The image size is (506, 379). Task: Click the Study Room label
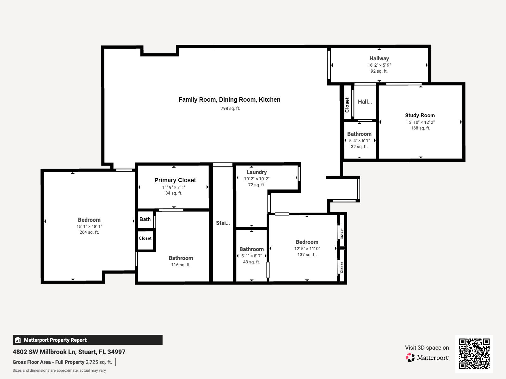coord(420,115)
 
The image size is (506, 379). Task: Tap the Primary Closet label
coord(175,180)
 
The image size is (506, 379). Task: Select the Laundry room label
coord(256,172)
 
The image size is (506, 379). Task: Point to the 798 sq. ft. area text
coord(230,108)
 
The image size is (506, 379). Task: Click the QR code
coord(474,353)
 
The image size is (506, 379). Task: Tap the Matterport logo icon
coord(410,358)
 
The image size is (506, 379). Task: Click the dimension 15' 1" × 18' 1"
coord(89,226)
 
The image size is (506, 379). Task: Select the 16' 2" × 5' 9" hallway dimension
coord(379,65)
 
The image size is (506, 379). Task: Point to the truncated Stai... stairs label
coord(223,223)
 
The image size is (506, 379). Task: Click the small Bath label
coord(145,219)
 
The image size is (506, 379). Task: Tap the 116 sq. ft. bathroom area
coord(181,265)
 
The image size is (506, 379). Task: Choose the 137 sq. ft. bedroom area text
coord(307,255)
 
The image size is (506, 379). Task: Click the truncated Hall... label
coord(365,102)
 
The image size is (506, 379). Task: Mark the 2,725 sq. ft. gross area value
coord(99,362)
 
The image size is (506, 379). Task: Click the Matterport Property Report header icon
coord(18,340)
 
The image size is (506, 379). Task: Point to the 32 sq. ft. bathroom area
coord(359,147)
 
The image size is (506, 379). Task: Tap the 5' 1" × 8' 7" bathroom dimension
coord(251,256)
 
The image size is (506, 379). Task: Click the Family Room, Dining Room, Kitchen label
coord(230,99)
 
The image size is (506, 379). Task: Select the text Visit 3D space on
coord(427,348)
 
